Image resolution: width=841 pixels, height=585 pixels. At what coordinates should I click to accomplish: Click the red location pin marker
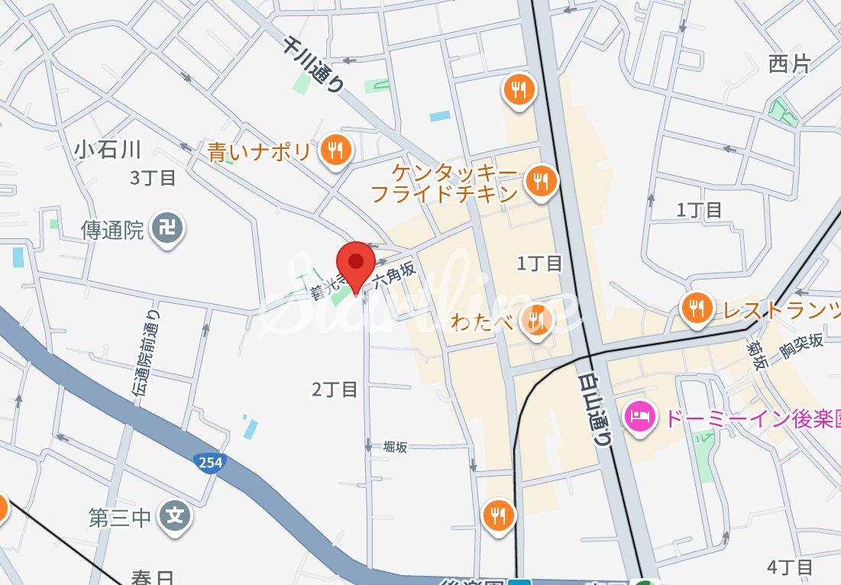coord(355,264)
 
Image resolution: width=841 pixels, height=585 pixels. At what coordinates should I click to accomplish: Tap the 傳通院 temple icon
coord(167,228)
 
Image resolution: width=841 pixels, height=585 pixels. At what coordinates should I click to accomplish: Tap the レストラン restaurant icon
coord(696,309)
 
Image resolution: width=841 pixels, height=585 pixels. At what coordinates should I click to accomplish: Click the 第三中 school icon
coord(175,517)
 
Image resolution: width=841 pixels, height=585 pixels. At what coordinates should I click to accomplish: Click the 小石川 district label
coord(108,149)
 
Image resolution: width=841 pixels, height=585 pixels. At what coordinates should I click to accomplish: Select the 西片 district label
coord(790,64)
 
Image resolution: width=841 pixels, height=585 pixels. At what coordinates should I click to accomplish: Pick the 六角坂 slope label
coord(393,276)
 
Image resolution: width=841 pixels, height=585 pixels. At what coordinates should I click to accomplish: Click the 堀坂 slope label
coord(396,447)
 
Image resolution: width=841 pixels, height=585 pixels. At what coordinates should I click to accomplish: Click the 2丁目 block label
coord(335,389)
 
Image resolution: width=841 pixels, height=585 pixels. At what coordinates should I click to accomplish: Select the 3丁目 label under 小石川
coord(153,178)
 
